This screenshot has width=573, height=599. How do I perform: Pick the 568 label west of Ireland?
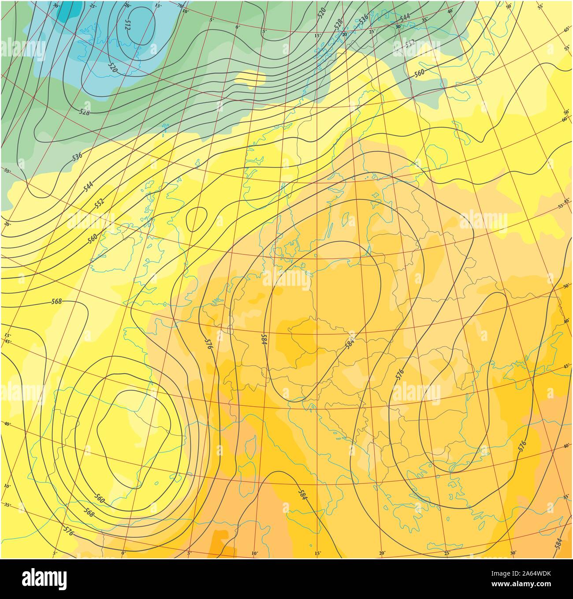pyautogui.click(x=56, y=302)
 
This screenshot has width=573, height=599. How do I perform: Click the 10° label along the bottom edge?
pyautogui.click(x=254, y=553)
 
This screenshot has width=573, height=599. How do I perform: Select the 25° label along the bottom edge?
pyautogui.click(x=447, y=553)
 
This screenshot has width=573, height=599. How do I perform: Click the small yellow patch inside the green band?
pyautogui.click(x=250, y=78)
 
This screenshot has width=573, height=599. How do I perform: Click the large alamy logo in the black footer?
pyautogui.click(x=44, y=578)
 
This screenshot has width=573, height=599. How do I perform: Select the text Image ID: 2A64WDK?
pyautogui.click(x=529, y=573)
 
